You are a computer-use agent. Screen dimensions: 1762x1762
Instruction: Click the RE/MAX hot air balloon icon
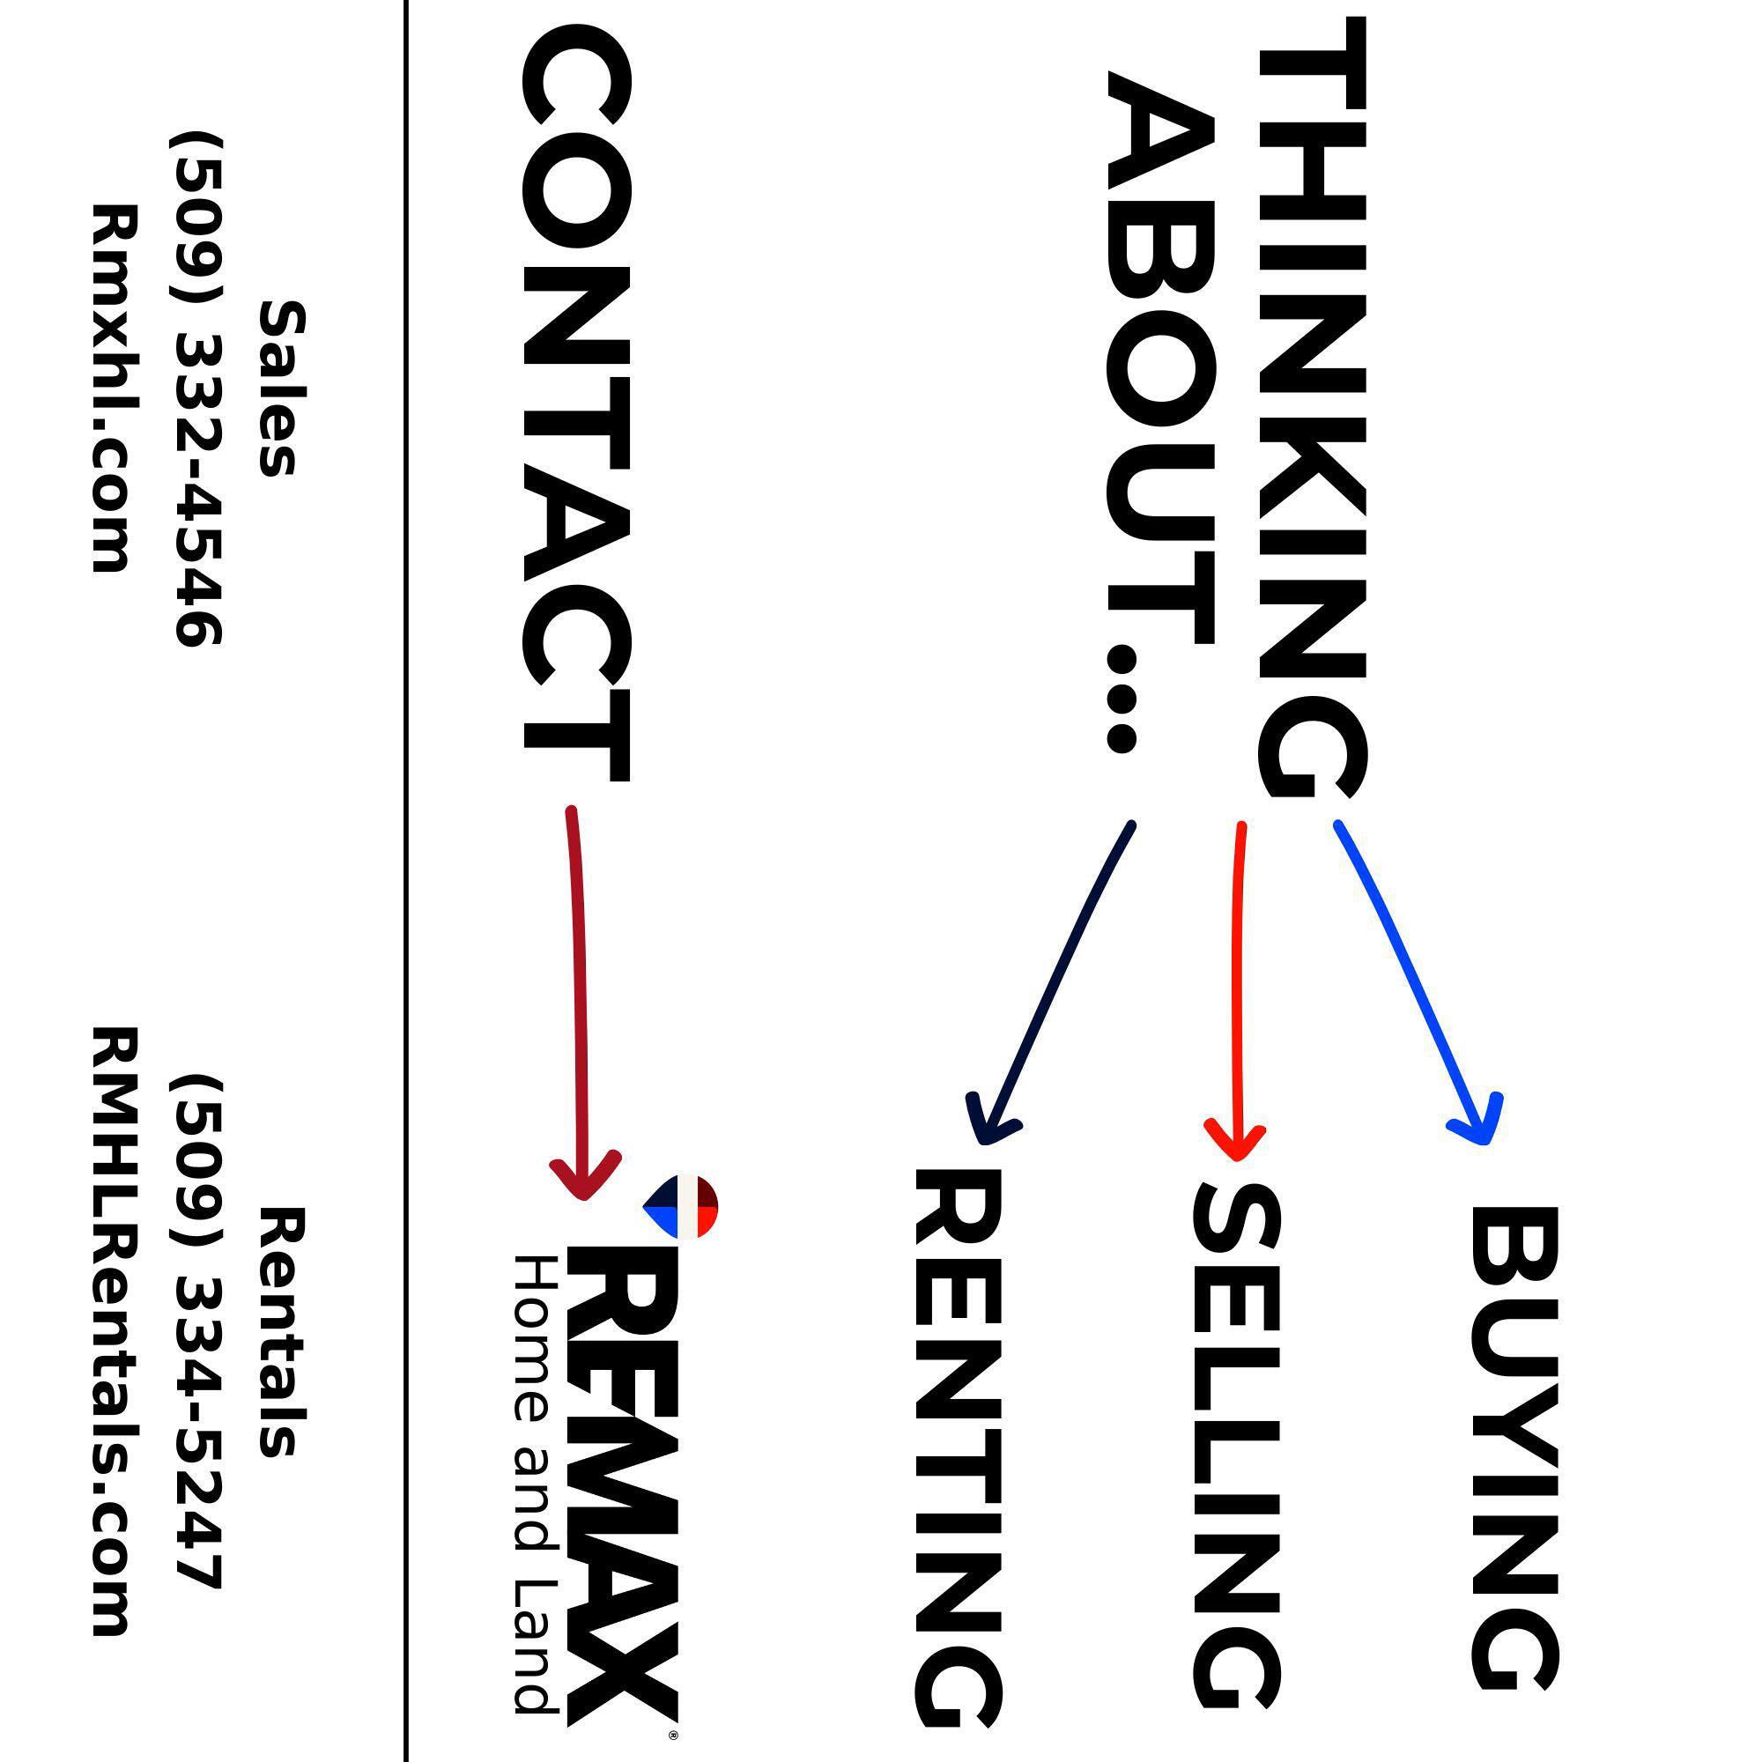[680, 1207]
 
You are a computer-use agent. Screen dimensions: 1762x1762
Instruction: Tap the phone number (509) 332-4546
[196, 389]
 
